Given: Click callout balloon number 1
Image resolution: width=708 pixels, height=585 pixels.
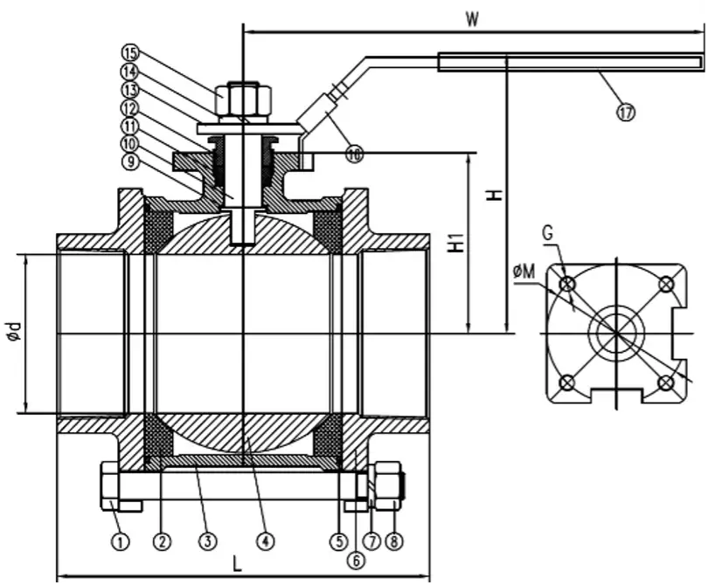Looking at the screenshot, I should click(121, 542).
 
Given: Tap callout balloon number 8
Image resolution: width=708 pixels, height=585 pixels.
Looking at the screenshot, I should click(395, 542).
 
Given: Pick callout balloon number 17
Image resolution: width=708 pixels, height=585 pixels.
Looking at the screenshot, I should click(626, 112).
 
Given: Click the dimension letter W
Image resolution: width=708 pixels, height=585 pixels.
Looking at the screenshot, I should click(472, 19).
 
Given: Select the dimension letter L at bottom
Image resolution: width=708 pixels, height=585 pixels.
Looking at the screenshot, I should click(237, 563).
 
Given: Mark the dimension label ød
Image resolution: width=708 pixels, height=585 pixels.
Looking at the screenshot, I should click(12, 334).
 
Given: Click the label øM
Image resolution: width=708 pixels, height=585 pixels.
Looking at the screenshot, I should click(524, 273).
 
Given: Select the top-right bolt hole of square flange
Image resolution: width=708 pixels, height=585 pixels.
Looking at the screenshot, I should click(666, 283).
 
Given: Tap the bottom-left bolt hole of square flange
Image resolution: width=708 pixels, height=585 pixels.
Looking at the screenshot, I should click(567, 382).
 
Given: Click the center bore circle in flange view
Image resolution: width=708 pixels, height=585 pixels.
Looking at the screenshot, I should click(616, 332).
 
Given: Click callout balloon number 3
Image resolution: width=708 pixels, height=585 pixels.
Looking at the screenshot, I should click(206, 542).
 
